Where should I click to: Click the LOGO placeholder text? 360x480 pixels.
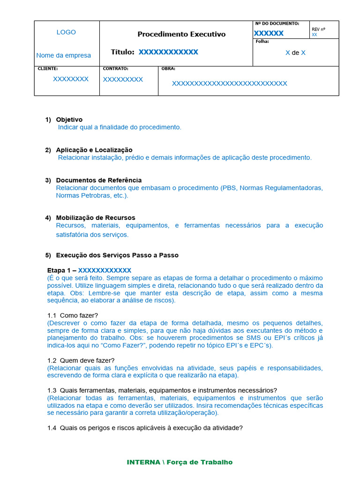[x=66, y=32]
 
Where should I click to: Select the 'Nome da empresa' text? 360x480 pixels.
[x=64, y=55]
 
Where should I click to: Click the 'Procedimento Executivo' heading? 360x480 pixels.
[x=181, y=34]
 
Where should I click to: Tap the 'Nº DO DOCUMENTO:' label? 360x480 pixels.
[x=277, y=23]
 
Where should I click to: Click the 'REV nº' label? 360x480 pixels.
[x=318, y=29]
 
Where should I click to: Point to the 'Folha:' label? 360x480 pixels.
[x=262, y=41]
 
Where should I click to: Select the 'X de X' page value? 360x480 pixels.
[x=295, y=53]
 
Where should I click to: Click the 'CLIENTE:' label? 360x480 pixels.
[x=48, y=68]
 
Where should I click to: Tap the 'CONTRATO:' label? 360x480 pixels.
[x=115, y=68]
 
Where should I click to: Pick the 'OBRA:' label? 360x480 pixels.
[x=168, y=68]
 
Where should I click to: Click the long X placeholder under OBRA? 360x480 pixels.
[x=229, y=83]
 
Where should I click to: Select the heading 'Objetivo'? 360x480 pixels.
[x=69, y=120]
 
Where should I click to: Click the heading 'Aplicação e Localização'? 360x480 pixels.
[x=94, y=150]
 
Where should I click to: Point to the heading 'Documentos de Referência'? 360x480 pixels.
[x=98, y=180]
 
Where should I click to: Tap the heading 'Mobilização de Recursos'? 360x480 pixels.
[x=96, y=217]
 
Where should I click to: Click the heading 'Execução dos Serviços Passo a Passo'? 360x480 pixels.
[x=117, y=255]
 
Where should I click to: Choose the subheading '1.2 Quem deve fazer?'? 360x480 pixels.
[x=81, y=360]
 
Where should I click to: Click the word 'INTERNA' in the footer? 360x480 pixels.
[x=143, y=462]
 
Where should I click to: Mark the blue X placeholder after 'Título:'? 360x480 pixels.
[x=168, y=52]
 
